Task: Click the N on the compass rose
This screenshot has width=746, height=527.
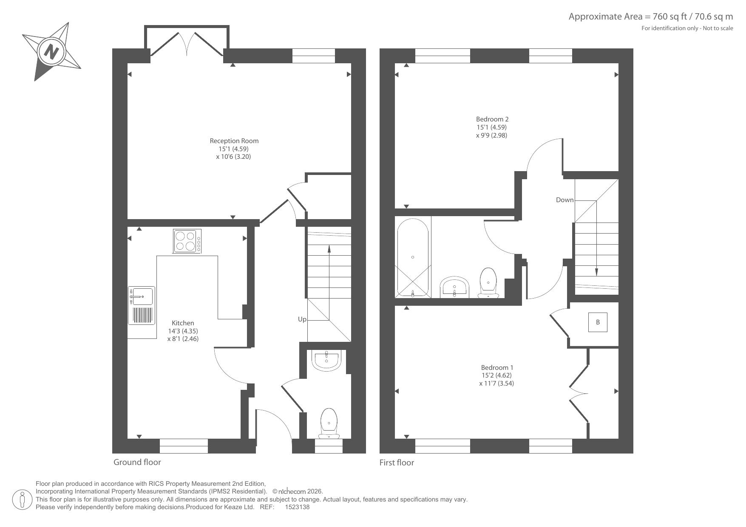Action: tap(52, 52)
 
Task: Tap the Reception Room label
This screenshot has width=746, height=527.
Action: tap(234, 141)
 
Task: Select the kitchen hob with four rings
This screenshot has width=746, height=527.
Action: tap(187, 241)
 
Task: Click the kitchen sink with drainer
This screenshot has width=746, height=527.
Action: tap(142, 306)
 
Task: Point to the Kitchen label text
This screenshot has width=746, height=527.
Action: tap(183, 323)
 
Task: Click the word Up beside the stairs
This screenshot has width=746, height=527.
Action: tap(302, 319)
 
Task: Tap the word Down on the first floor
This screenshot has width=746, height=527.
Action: tap(564, 200)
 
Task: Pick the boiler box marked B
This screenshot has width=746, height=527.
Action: tap(598, 322)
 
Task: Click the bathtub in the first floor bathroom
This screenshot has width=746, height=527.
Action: tap(412, 257)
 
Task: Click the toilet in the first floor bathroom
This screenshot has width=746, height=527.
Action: tap(488, 283)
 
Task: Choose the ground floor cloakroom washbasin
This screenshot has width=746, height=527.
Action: tap(326, 360)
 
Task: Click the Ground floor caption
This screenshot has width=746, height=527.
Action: tap(137, 462)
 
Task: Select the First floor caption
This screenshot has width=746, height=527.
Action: tap(397, 462)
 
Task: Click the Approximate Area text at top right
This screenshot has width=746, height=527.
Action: tap(651, 17)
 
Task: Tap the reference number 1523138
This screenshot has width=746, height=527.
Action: tap(297, 507)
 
